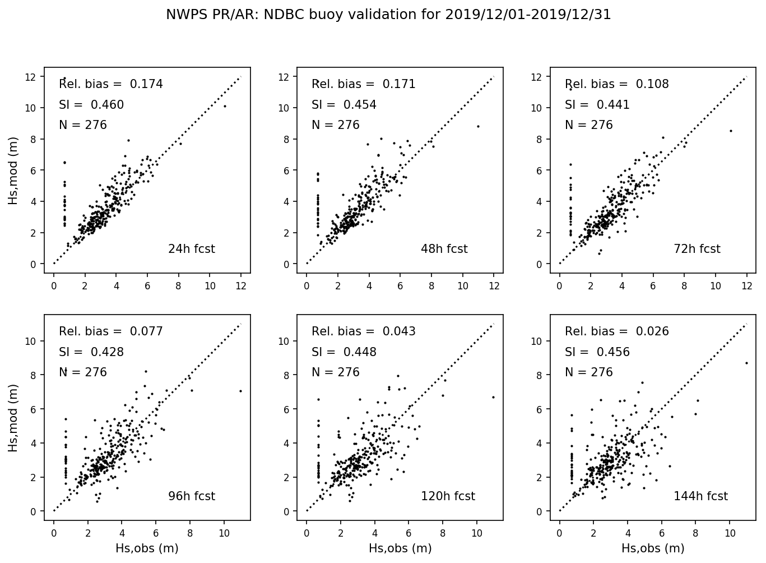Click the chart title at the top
coord(388,15)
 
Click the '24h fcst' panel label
coord(191,249)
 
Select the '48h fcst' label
coord(444,249)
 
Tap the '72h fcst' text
coord(697,249)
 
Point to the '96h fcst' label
coord(191,496)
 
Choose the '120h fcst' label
coord(448,496)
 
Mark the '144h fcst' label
coord(700,496)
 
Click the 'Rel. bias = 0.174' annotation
coord(111,84)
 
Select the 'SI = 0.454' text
coord(344,105)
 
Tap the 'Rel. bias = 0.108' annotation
coord(616,84)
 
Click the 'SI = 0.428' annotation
coord(91,352)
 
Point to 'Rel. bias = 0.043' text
coord(364,331)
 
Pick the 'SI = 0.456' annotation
coord(597,352)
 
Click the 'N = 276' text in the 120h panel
coord(336,372)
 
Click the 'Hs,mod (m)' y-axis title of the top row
coord(13,170)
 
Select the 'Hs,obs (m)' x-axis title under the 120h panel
coord(400,548)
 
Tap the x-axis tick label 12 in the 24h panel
coord(241,286)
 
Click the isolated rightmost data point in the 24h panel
coord(225,106)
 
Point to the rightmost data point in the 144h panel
coord(746,363)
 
